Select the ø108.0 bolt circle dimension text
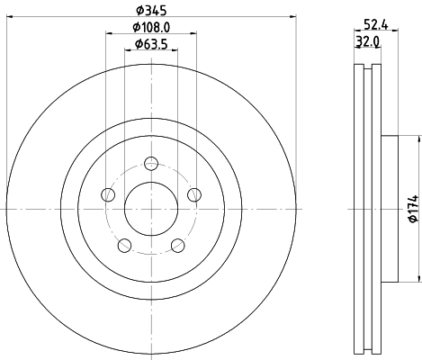(x=150, y=27)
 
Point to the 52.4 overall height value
(x=367, y=26)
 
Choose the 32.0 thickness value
(x=365, y=41)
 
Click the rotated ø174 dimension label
(x=411, y=208)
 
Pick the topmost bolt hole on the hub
(x=151, y=163)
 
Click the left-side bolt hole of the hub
(x=109, y=193)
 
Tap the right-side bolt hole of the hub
(x=193, y=193)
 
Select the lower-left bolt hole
(x=125, y=243)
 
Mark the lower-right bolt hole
(x=176, y=243)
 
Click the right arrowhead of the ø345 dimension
(x=291, y=17)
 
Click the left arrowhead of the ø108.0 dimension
(x=110, y=34)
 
